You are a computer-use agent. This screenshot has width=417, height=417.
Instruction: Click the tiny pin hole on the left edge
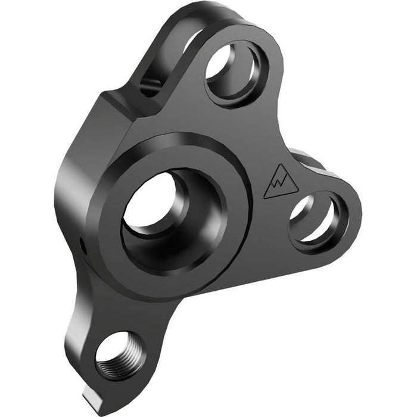[80, 242]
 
